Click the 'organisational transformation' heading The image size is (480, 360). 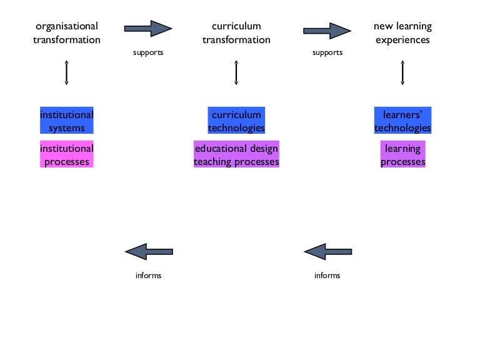66,33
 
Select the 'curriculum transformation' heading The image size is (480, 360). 236,33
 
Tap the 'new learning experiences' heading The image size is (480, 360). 402,33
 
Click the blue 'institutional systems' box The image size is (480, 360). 66,121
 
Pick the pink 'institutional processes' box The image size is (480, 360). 66,155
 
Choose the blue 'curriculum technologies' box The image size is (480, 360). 236,121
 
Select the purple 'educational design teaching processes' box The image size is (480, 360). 236,155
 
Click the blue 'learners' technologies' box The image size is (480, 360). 402,121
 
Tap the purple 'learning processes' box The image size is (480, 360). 402,155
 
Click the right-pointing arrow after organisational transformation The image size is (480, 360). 148,28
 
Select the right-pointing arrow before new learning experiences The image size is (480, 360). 327,31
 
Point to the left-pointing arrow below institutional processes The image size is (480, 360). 149,251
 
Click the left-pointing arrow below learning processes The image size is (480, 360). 327,251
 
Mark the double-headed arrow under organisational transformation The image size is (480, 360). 66,72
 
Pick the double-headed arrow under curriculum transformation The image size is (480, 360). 236,72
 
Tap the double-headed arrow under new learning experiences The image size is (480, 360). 402,72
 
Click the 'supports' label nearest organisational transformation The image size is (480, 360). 148,52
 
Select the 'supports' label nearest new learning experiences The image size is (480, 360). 327,52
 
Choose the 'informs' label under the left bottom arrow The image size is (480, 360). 148,276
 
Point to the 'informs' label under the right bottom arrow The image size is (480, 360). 327,276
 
